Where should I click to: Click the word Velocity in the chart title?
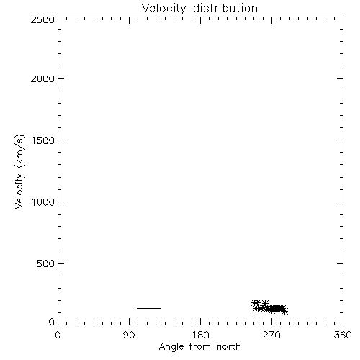coord(163,9)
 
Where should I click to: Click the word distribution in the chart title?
coord(225,8)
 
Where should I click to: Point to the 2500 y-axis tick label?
coord(42,19)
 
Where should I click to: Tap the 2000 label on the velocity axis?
coord(42,78)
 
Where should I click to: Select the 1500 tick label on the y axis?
coord(43,140)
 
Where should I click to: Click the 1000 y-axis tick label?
coord(43,202)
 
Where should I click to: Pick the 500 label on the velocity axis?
coord(46,264)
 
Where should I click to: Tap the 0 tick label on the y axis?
coord(52,322)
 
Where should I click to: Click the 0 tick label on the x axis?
coord(58,335)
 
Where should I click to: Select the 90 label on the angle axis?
coord(129,335)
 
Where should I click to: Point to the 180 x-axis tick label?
coord(200,335)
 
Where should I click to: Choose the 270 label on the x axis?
coord(271,335)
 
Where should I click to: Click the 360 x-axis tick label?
coord(343,335)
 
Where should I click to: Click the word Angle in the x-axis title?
coord(171,348)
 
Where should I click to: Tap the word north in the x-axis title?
coord(229,347)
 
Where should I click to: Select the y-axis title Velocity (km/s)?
coord(19,171)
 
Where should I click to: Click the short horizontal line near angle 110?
coord(149,308)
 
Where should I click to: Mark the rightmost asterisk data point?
coord(284,312)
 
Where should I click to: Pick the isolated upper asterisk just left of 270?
coord(265,303)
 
